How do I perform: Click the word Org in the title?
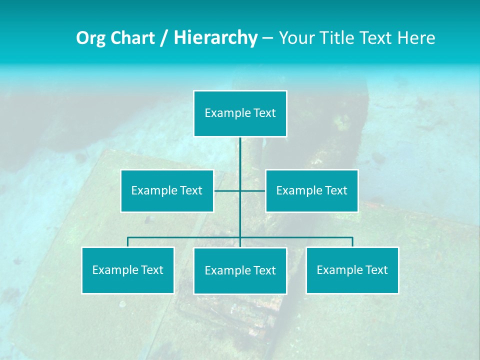coord(90,38)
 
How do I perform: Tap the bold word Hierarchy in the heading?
coord(215,38)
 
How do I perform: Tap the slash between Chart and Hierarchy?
coord(164,38)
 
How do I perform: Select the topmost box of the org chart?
coord(240,113)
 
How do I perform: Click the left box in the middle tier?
coord(167,190)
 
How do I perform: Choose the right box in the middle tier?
coord(312,190)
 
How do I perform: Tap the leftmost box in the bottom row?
coord(128,270)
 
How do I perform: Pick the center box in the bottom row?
coord(240,270)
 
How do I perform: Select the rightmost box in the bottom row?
coord(352,270)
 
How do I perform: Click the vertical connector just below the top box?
coord(240,155)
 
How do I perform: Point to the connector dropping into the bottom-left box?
coord(128,242)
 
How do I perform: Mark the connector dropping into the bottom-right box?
coord(352,242)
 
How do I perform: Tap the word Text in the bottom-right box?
coord(376,270)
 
